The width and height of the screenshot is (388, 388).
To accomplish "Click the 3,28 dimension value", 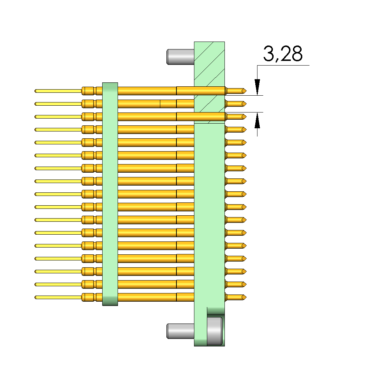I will (283, 54).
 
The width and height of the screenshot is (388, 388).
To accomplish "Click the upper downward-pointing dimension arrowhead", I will (257, 87).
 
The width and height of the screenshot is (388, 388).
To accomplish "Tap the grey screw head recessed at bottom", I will (214, 330).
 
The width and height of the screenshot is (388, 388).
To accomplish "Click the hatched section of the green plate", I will (209, 72).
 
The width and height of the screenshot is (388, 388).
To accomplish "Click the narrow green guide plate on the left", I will (110, 194).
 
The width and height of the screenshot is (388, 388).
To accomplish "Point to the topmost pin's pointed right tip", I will (245, 91).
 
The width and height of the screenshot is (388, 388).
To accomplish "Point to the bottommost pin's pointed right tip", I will (245, 297).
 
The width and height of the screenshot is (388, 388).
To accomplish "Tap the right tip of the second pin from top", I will (245, 104).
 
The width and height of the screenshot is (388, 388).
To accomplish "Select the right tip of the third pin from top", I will (245, 117).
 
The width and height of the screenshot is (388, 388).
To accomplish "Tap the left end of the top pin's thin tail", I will (36, 91).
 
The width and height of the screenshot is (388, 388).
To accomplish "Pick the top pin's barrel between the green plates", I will (147, 91).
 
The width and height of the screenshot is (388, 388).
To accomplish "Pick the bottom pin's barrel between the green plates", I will (147, 297).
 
